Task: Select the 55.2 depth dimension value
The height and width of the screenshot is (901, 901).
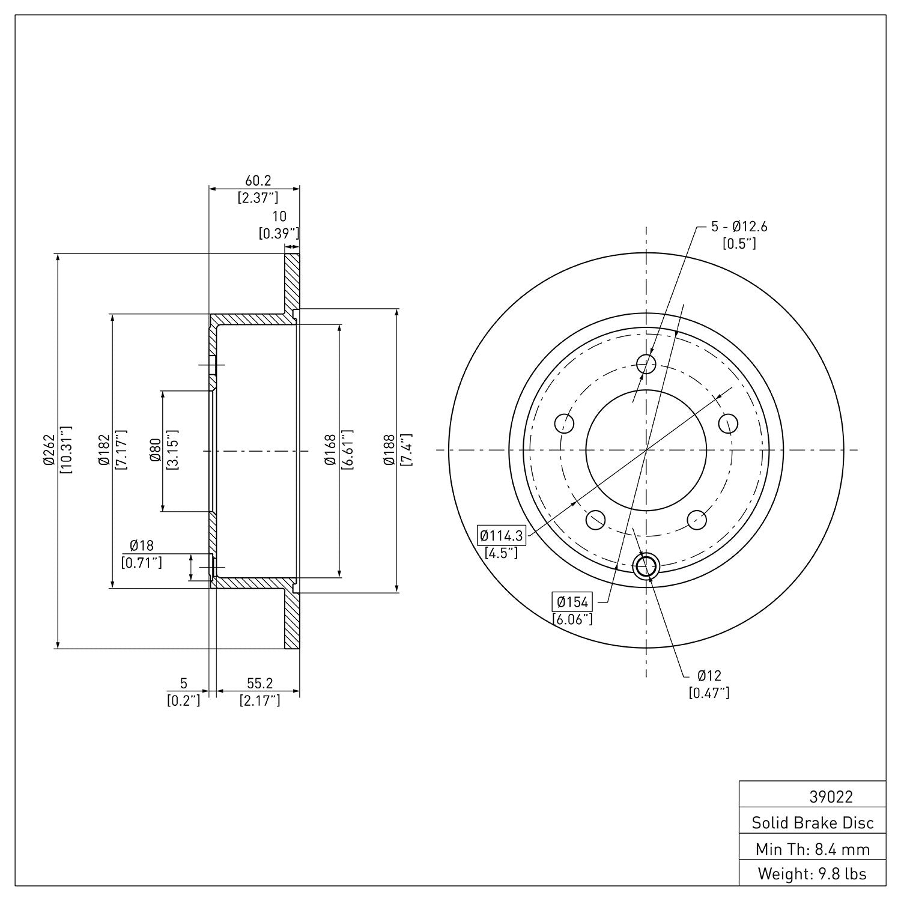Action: point(259,683)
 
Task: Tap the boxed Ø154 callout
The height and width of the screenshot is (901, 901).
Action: point(572,601)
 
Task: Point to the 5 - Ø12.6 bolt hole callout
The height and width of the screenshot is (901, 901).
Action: point(739,226)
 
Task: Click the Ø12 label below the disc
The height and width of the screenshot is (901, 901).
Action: point(709,676)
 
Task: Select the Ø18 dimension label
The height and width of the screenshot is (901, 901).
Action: point(142,545)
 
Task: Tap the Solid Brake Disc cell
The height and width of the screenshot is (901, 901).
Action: point(812,822)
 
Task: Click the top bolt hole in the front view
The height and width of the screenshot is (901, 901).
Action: point(646,362)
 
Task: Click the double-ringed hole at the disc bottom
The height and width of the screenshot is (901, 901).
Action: point(646,565)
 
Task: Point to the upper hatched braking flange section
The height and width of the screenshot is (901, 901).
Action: point(292,282)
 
